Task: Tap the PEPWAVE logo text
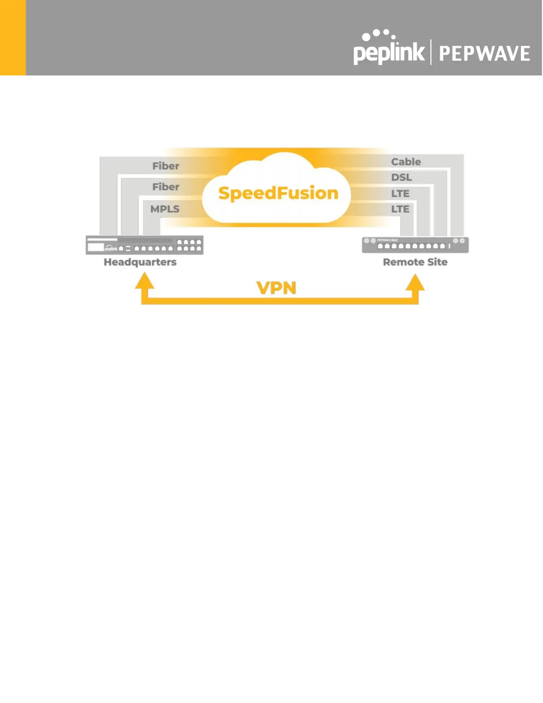click(x=484, y=54)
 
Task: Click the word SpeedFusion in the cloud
click(x=278, y=193)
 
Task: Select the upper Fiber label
click(x=165, y=166)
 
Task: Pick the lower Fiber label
click(x=165, y=187)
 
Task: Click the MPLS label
click(x=165, y=209)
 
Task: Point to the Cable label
click(x=406, y=162)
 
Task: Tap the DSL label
click(x=401, y=178)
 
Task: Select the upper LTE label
click(x=400, y=194)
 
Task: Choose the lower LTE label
click(x=400, y=209)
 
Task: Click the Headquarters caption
click(x=140, y=262)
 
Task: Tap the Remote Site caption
click(x=415, y=262)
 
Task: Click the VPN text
click(x=276, y=288)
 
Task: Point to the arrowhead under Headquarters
click(x=145, y=281)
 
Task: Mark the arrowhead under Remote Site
click(x=415, y=282)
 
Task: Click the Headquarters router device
click(x=145, y=245)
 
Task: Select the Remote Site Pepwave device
click(x=415, y=245)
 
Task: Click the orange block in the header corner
click(x=13, y=38)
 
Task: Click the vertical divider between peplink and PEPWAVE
click(x=431, y=52)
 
